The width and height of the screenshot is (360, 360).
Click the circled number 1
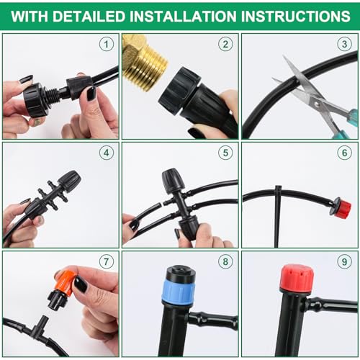point(107,44)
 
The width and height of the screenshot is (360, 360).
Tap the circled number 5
point(225,153)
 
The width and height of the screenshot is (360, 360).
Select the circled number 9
point(345,261)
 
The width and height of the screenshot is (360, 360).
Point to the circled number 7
point(107,261)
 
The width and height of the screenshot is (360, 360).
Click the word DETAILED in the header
point(89,17)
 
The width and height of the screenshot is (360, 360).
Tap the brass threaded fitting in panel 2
point(144,63)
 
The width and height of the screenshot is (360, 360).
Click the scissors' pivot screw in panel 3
point(317,104)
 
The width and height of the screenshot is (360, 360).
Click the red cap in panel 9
point(297,278)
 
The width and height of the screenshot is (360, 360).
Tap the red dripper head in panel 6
point(343,208)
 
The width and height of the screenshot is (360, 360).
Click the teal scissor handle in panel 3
point(346,125)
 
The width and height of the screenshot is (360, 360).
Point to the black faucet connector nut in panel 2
point(179,91)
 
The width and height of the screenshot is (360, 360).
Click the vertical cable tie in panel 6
point(278,216)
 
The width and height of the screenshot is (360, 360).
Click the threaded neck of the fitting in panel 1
point(54,94)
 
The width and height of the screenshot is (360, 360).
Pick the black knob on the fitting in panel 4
point(69,180)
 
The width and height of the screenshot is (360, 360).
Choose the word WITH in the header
point(30,17)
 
